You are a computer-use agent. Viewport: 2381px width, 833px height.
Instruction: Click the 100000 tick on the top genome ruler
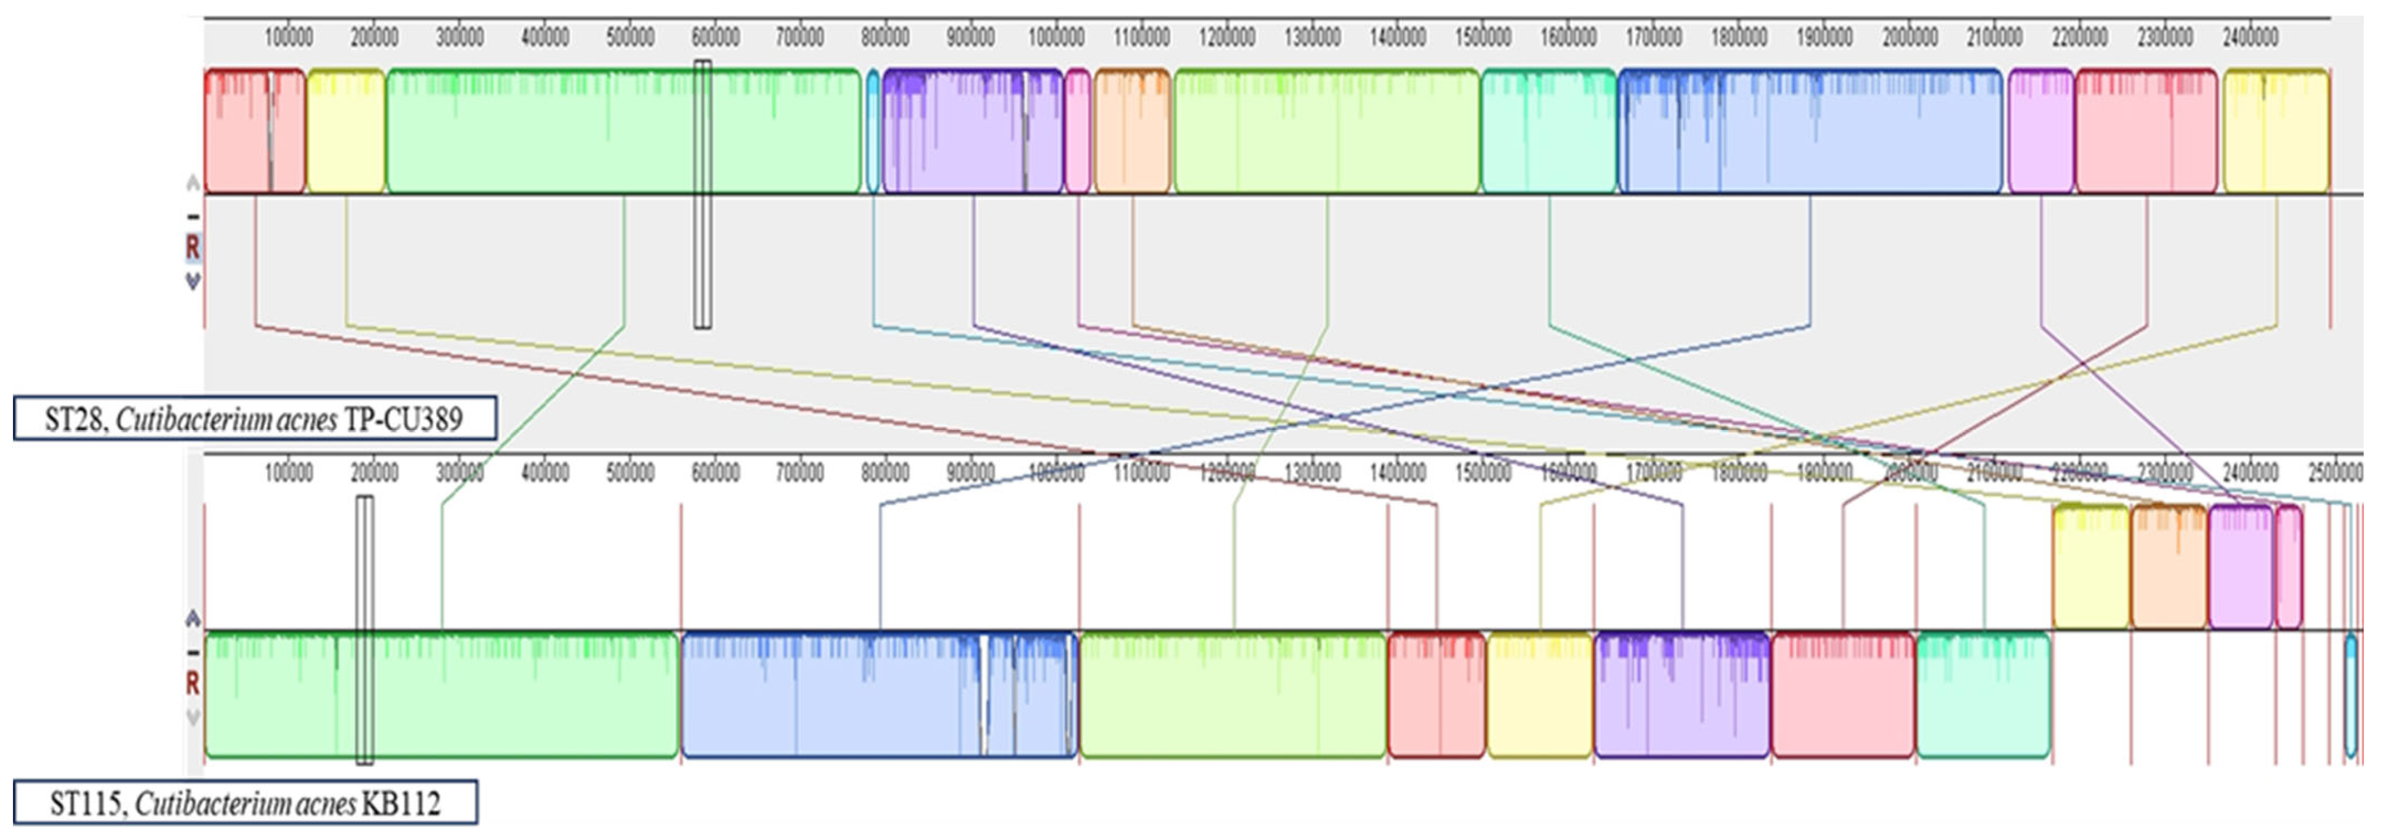tap(289, 37)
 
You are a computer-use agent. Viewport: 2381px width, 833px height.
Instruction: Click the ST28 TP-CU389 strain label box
tap(254, 419)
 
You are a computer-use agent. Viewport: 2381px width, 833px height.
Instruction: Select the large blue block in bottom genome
tap(879, 695)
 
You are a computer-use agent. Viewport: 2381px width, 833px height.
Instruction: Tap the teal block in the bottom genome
tap(1983, 695)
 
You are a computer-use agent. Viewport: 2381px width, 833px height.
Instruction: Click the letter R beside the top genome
tap(192, 248)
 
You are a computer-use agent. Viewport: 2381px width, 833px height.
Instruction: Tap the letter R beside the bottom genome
tap(192, 684)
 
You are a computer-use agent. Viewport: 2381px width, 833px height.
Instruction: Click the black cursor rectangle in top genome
tap(703, 194)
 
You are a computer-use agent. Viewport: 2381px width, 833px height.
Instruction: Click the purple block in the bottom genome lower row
tap(1681, 695)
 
